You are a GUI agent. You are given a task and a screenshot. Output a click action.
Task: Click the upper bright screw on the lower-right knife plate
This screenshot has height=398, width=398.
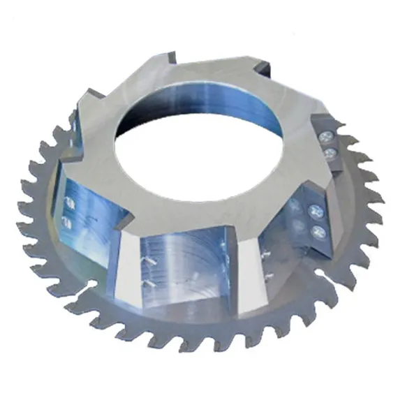click(313, 210)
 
